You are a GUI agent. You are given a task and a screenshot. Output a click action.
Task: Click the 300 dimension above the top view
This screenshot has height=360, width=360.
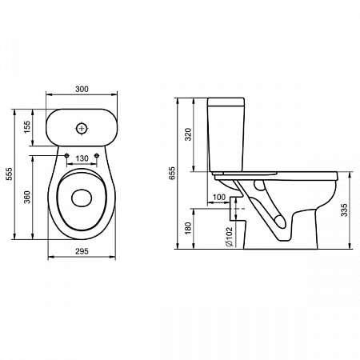(82, 89)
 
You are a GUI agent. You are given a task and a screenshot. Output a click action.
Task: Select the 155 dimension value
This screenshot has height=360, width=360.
(27, 127)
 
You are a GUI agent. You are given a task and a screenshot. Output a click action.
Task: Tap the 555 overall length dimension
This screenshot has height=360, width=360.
(9, 174)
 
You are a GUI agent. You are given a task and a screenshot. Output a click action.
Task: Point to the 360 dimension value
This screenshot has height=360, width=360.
(27, 197)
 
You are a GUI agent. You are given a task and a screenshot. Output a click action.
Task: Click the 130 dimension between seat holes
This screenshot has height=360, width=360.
(82, 158)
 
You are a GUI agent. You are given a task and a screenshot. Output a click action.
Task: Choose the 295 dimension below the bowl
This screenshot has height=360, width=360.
(82, 251)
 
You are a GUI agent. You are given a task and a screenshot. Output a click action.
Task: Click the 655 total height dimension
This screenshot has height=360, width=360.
(172, 173)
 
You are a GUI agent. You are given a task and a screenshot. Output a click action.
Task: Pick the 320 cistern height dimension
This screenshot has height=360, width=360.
(188, 134)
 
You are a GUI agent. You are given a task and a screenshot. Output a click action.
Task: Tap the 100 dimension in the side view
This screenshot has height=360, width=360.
(219, 197)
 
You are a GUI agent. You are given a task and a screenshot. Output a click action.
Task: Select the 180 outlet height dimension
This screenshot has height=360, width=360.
(188, 228)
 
